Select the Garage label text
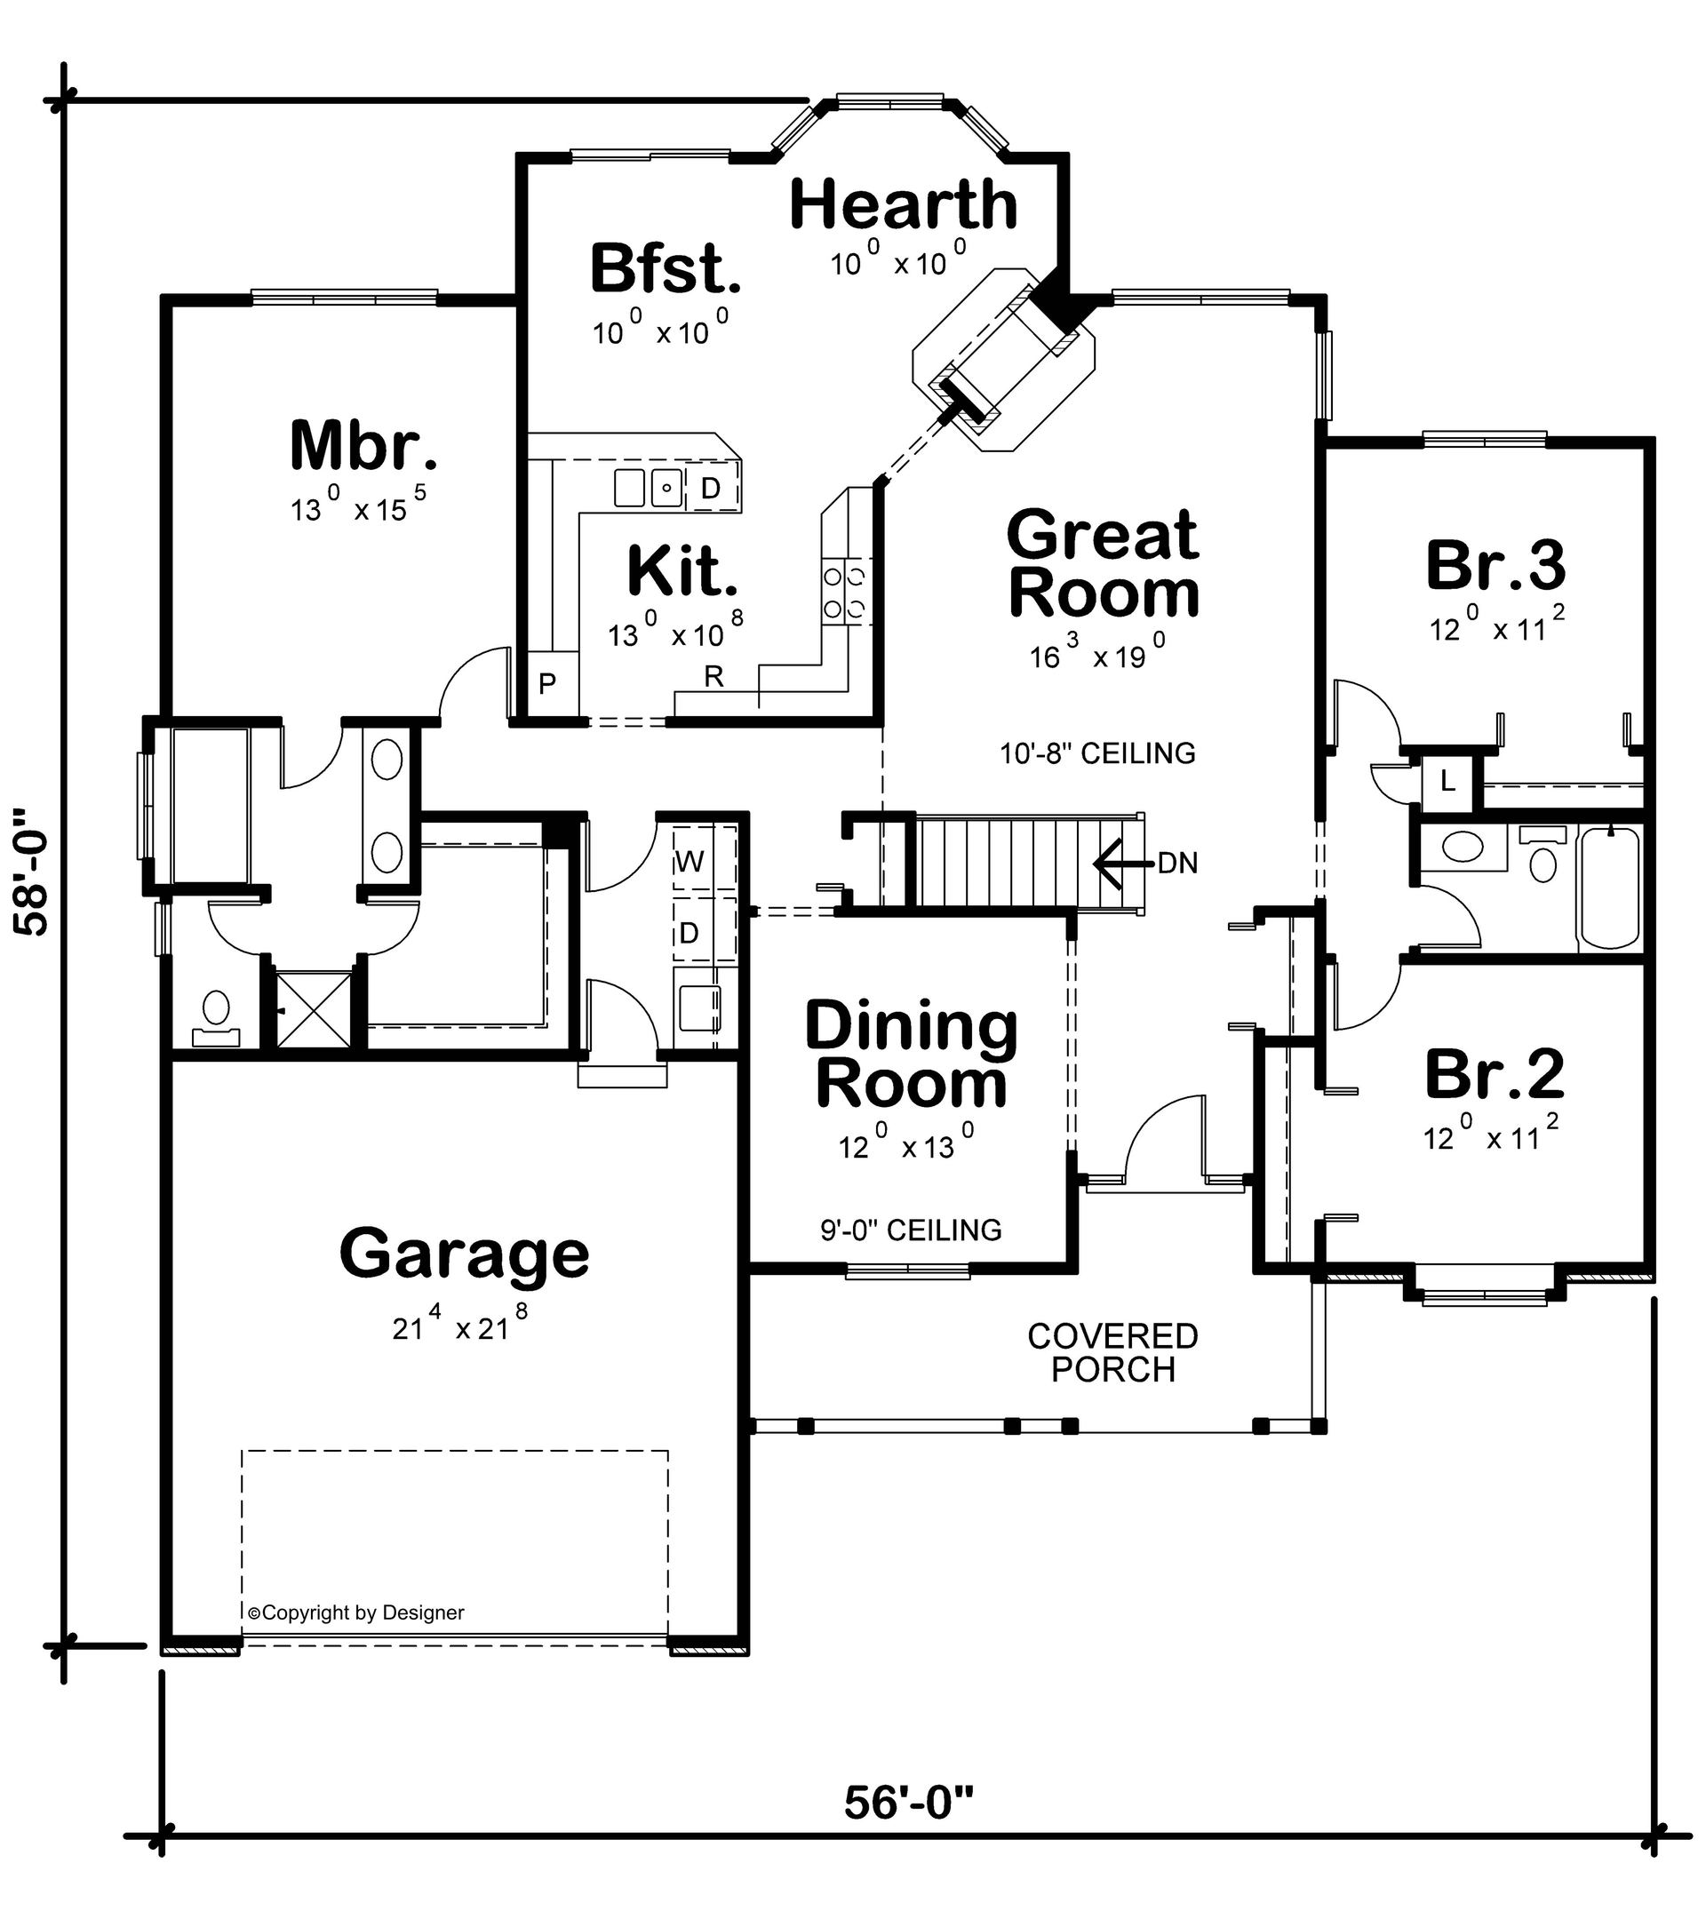click(x=464, y=1254)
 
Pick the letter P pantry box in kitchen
click(x=547, y=684)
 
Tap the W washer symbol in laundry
click(x=690, y=861)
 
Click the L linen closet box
click(x=1447, y=780)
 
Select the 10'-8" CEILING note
click(x=1096, y=753)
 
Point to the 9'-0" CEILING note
click(x=911, y=1230)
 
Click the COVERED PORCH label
click(x=1112, y=1353)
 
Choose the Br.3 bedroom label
click(x=1495, y=566)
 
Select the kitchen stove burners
click(x=844, y=592)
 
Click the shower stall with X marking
click(x=314, y=1009)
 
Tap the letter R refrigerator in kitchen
click(x=713, y=677)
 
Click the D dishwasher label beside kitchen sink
click(x=711, y=489)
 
